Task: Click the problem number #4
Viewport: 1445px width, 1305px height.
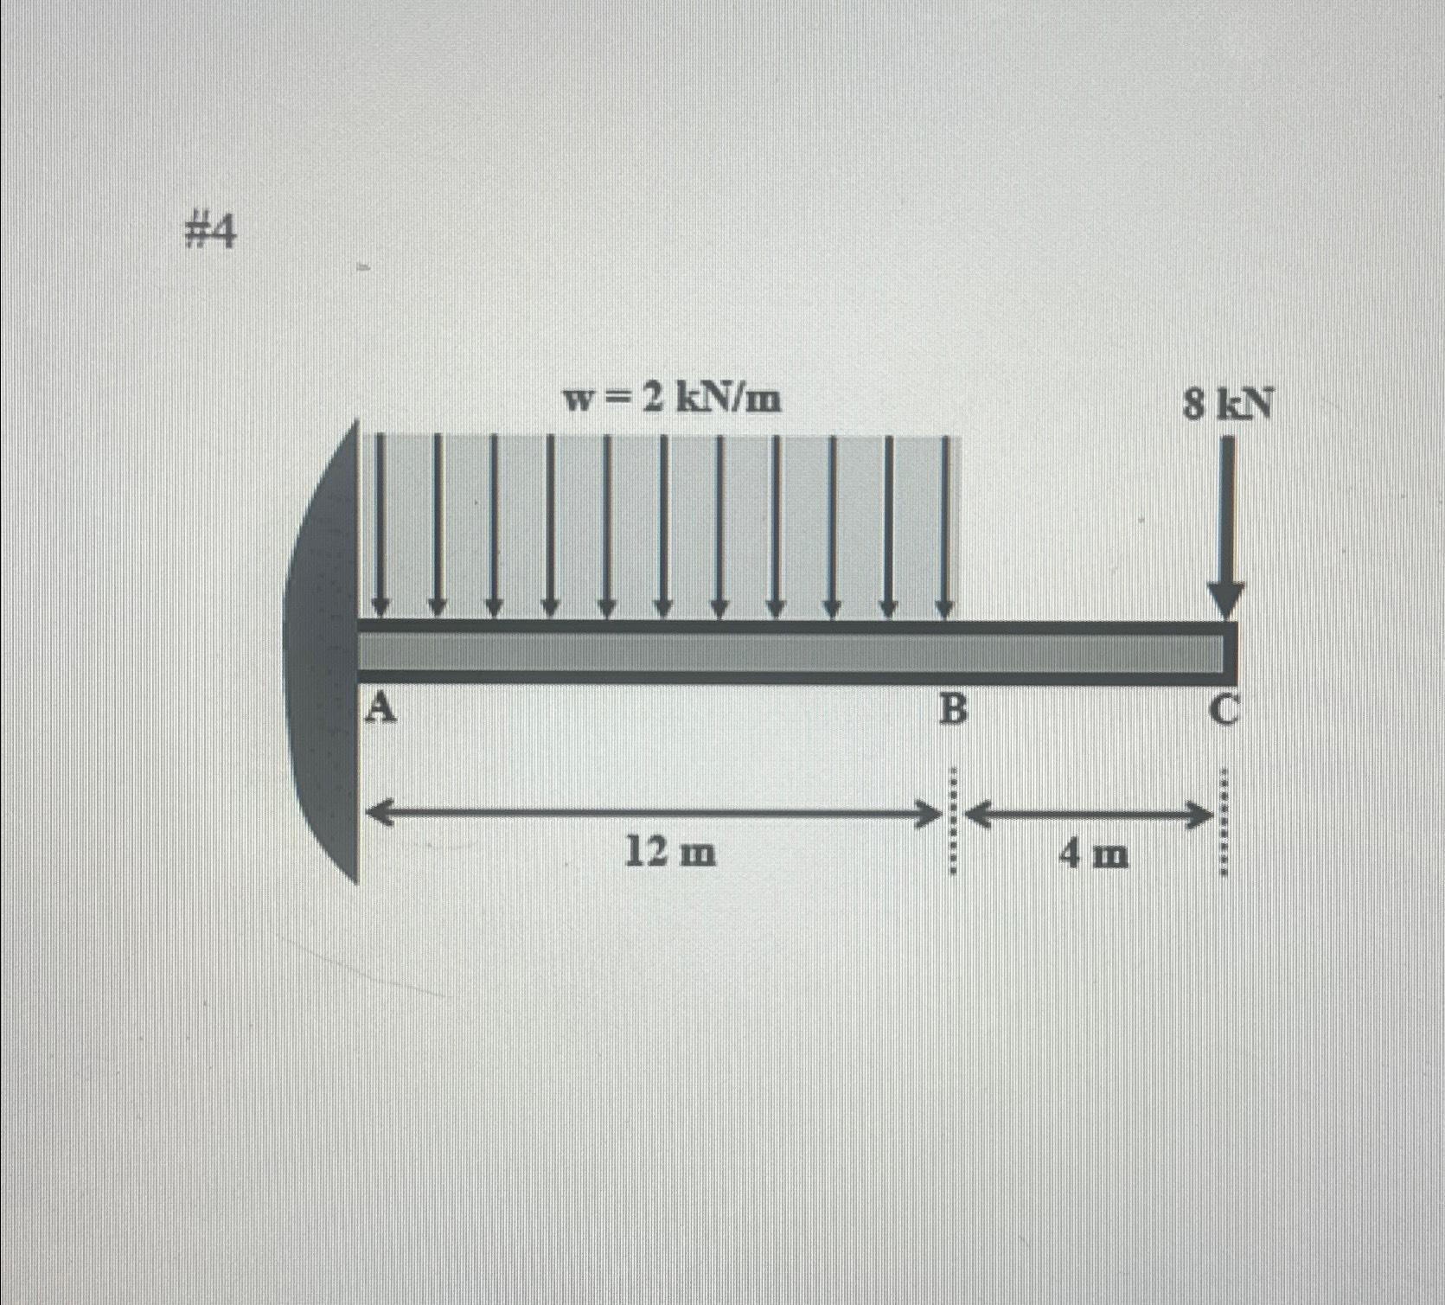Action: [x=210, y=233]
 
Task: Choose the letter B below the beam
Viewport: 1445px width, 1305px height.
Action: [x=952, y=711]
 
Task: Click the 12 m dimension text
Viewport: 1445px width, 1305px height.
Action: [x=670, y=854]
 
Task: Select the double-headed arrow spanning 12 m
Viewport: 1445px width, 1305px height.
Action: [x=654, y=813]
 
